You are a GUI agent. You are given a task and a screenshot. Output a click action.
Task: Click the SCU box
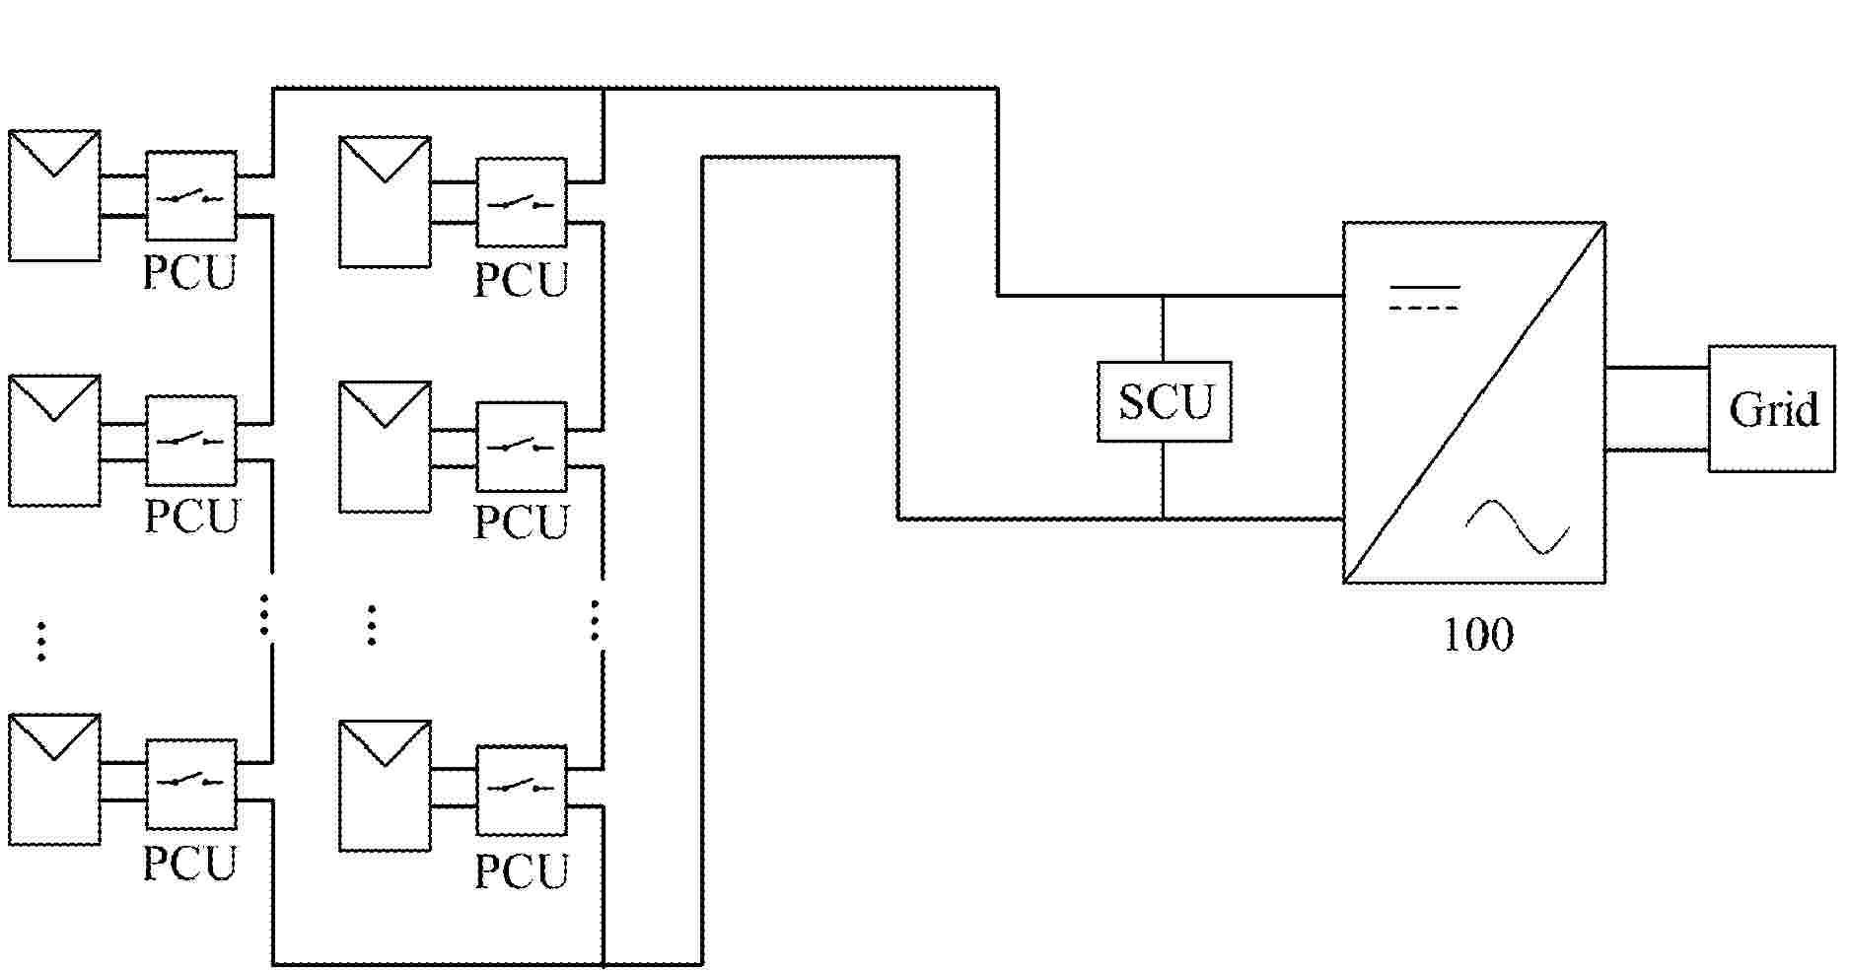(x=1164, y=401)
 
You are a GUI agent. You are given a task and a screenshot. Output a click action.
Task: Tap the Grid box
(x=1771, y=408)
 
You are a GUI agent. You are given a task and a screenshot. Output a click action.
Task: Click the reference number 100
(x=1477, y=636)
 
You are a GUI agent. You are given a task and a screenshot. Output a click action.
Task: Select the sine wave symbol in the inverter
(x=1517, y=526)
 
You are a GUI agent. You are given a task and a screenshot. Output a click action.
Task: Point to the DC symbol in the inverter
(x=1424, y=297)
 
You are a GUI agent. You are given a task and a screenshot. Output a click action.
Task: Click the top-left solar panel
(x=54, y=195)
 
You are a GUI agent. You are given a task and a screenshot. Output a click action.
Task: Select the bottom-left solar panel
(x=54, y=780)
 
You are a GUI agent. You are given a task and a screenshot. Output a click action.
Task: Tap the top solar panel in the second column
(x=385, y=202)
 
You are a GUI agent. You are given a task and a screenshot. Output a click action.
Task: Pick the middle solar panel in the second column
(x=385, y=447)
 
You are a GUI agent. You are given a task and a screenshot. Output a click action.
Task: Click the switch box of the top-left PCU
(x=191, y=195)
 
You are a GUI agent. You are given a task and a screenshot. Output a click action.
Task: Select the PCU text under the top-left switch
(x=190, y=273)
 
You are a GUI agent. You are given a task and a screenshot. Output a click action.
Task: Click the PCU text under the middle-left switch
(x=191, y=516)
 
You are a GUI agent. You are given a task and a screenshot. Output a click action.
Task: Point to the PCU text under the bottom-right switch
(x=522, y=871)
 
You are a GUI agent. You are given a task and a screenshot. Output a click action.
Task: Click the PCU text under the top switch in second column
(x=522, y=280)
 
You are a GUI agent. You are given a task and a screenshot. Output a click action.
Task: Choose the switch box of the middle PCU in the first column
(x=191, y=440)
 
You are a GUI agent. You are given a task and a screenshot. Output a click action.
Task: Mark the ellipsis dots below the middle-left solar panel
(x=40, y=641)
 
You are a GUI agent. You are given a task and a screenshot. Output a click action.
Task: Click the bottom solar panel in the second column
(x=385, y=786)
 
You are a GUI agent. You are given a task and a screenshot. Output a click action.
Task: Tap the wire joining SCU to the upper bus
(x=1164, y=328)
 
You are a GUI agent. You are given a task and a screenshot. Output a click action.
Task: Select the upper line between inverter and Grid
(x=1657, y=368)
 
